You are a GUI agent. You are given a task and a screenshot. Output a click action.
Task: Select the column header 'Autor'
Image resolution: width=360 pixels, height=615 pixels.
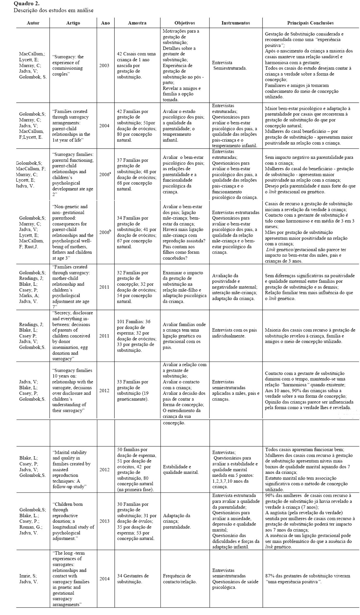33,23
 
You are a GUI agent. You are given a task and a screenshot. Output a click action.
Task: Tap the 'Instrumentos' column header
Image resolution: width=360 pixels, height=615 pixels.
236,23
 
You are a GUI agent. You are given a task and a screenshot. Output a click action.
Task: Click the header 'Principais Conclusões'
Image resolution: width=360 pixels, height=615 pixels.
310,23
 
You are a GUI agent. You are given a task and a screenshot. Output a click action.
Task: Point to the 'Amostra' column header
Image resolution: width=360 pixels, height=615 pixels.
137,23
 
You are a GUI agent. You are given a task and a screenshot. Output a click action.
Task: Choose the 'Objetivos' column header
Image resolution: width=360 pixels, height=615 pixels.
185,23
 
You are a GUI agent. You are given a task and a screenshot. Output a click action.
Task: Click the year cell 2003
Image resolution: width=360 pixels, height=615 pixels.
104,65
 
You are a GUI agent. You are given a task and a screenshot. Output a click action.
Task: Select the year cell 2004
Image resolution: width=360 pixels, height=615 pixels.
104,126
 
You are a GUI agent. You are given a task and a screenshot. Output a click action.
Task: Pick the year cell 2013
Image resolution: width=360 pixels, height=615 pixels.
105,521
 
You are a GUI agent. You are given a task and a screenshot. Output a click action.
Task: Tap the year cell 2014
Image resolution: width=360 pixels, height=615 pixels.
105,579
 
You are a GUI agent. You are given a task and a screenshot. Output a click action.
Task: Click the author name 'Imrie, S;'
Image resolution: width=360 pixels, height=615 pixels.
28,576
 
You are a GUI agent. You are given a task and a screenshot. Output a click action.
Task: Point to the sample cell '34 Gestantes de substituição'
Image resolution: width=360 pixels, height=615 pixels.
133,579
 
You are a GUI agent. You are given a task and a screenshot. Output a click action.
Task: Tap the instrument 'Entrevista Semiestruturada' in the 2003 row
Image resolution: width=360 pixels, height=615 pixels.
229,65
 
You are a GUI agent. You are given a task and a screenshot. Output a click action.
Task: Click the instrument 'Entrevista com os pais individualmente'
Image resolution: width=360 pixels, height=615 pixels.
234,333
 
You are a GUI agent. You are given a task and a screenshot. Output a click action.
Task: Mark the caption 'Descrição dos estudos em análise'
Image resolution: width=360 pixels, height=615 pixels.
54,10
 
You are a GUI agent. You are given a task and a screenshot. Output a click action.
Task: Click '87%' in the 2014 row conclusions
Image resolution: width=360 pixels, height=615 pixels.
270,576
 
